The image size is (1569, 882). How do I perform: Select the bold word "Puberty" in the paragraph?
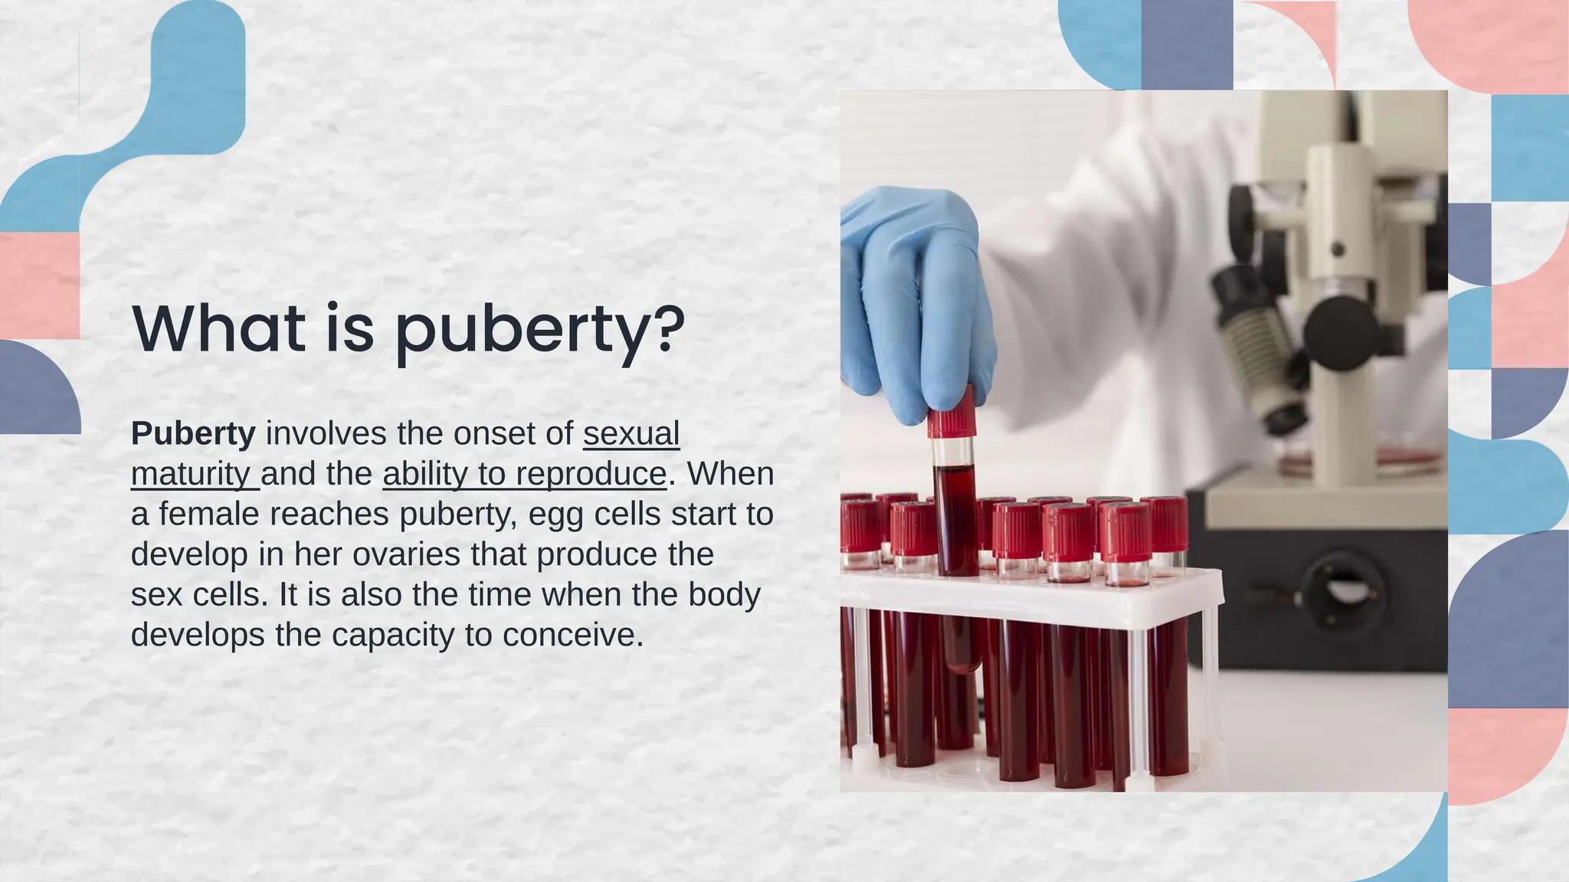193,433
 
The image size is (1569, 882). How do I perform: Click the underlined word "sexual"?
631,433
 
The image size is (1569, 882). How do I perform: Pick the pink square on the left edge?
38,286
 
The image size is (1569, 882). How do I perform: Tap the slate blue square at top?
1187,44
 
